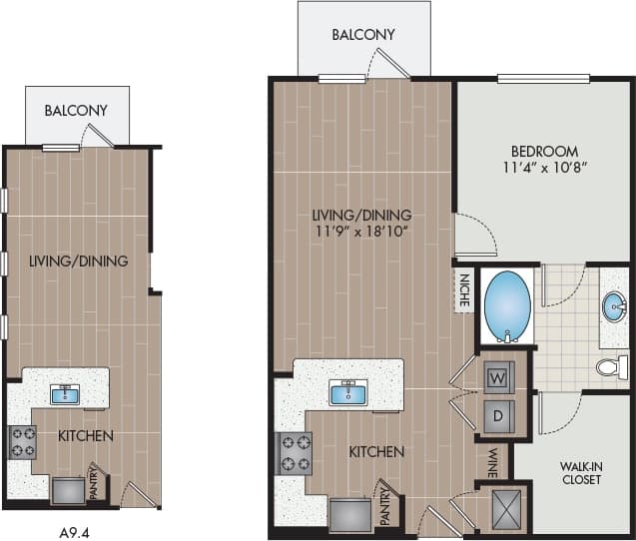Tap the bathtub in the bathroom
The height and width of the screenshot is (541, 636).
point(507,307)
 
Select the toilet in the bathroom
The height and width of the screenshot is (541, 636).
point(609,367)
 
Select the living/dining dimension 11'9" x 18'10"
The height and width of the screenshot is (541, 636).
point(361,231)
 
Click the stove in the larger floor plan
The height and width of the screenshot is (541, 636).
point(294,452)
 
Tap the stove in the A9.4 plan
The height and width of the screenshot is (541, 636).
point(23,441)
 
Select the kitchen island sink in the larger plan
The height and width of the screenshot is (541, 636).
point(347,391)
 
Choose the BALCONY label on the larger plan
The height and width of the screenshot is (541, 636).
point(363,35)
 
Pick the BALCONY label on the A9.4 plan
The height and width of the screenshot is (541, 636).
point(75,111)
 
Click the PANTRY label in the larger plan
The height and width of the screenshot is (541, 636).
point(383,504)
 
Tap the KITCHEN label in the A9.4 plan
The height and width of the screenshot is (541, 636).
point(85,436)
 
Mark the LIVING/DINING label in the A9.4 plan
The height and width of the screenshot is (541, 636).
point(78,263)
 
